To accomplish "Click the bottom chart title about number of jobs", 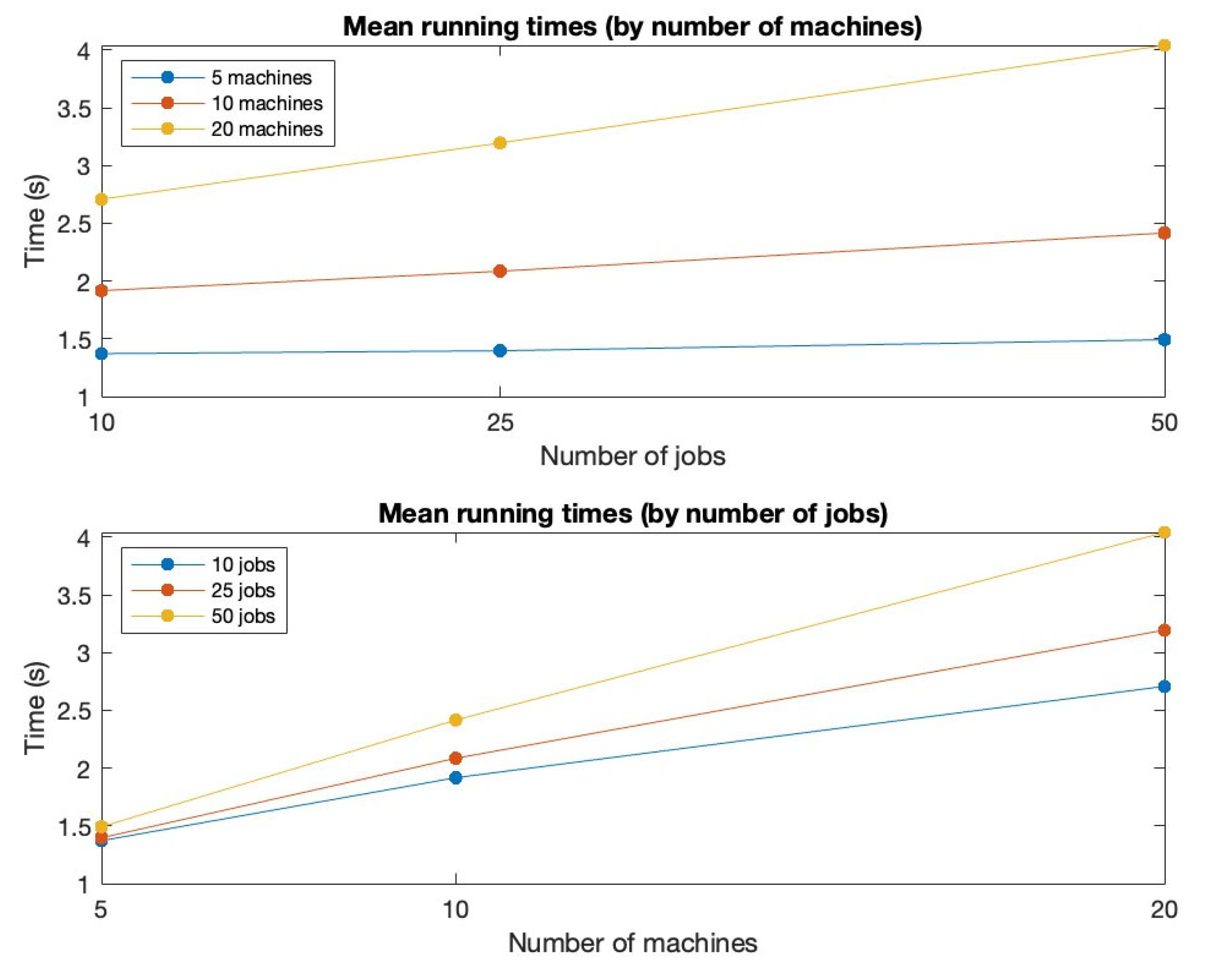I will tap(632, 513).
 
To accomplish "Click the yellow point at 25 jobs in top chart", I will tap(500, 143).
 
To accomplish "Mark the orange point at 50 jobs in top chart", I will tap(1164, 233).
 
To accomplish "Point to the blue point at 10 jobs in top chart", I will tap(102, 353).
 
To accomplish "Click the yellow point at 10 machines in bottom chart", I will tap(456, 719).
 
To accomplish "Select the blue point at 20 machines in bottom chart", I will tap(1164, 686).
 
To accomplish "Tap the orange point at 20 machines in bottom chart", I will tap(1164, 630).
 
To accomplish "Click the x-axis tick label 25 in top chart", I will tap(500, 422).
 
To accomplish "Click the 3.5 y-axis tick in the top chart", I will tap(74, 109).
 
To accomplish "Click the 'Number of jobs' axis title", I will tap(632, 455).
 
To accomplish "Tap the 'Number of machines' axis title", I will tap(632, 943).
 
